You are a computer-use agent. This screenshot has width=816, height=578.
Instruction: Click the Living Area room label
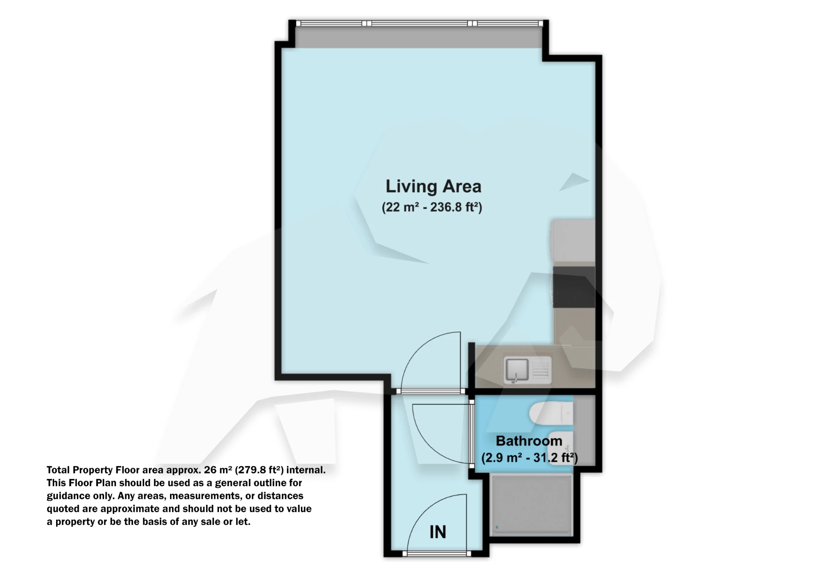click(x=433, y=187)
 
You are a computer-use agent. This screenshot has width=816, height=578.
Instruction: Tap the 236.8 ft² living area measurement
click(x=455, y=207)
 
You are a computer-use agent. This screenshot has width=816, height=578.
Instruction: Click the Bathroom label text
click(x=529, y=441)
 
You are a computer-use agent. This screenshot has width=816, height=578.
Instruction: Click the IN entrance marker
click(x=437, y=532)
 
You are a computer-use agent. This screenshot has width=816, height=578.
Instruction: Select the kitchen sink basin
click(x=517, y=369)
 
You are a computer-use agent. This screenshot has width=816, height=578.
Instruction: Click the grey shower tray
click(x=531, y=506)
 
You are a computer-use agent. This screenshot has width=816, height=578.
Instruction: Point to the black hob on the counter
click(x=573, y=287)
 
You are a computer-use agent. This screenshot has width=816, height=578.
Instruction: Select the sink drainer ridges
click(x=541, y=369)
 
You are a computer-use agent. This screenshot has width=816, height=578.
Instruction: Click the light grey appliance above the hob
click(x=572, y=241)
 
